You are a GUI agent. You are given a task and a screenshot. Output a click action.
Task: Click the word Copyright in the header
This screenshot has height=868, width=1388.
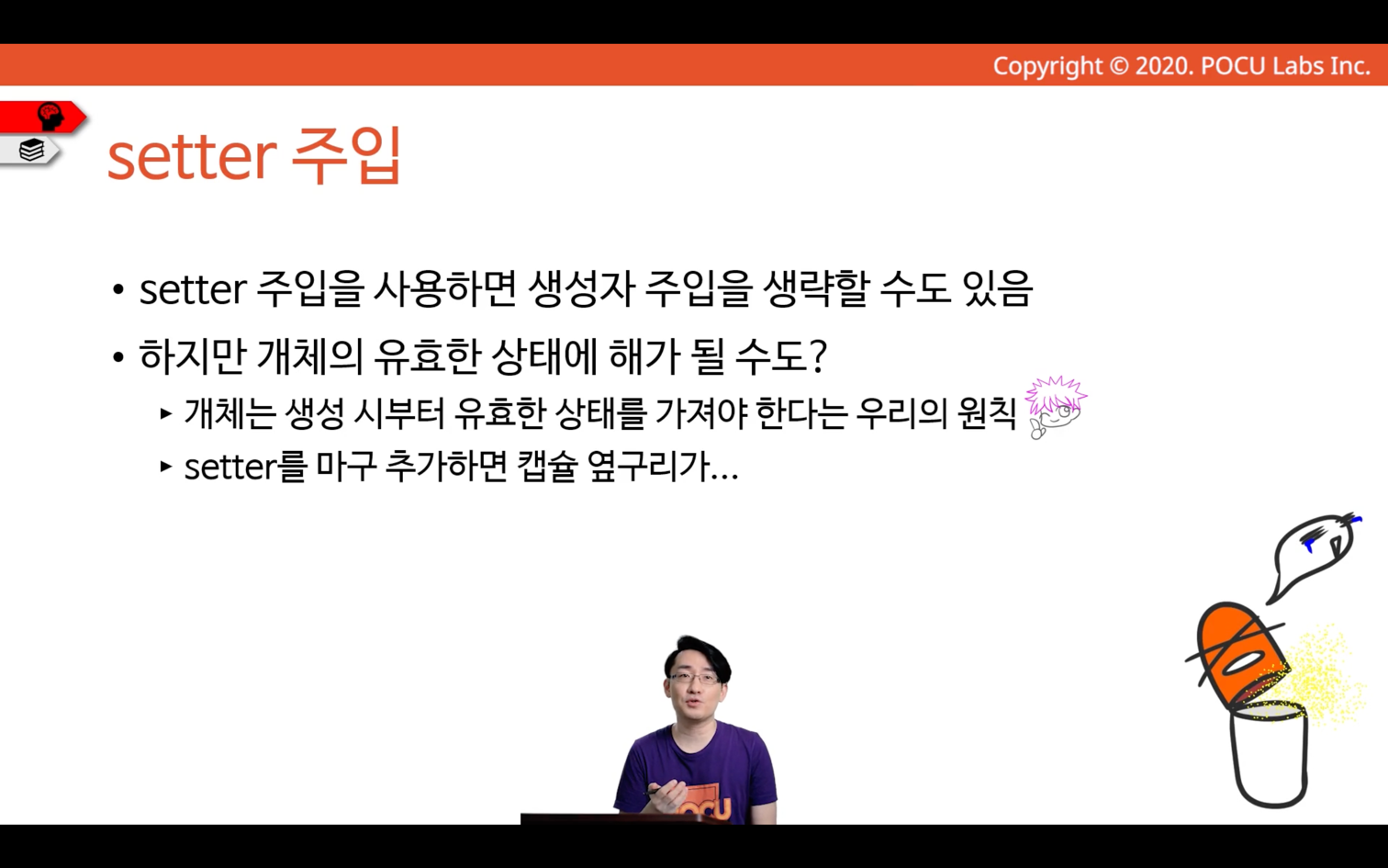pyautogui.click(x=1047, y=66)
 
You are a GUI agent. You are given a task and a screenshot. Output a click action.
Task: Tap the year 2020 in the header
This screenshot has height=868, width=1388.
pyautogui.click(x=1162, y=66)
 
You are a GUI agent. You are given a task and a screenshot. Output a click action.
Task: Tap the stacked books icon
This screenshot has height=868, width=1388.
pyautogui.click(x=31, y=150)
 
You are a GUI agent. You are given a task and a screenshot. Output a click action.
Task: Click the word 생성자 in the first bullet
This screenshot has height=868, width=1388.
pyautogui.click(x=581, y=289)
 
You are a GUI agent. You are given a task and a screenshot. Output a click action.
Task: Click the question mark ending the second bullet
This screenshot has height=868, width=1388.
pyautogui.click(x=818, y=355)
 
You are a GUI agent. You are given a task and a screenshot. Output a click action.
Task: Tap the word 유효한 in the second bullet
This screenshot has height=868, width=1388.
pyautogui.click(x=428, y=356)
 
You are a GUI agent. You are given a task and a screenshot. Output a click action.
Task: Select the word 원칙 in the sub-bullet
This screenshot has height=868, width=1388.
pyautogui.click(x=987, y=413)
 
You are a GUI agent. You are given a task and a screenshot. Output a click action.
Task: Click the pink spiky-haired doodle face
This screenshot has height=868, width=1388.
pyautogui.click(x=1056, y=406)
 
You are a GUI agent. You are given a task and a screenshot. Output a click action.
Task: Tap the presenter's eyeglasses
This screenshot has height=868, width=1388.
pyautogui.click(x=694, y=679)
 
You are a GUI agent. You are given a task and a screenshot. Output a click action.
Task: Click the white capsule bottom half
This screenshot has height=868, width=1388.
pyautogui.click(x=1269, y=754)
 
